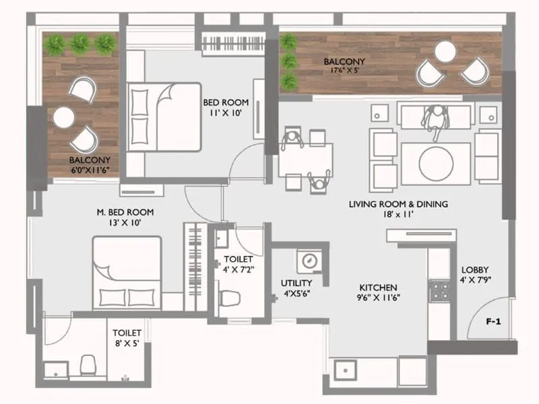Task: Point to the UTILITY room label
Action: click(x=296, y=283)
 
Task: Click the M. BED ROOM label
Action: click(x=119, y=211)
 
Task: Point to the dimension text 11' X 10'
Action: click(x=226, y=113)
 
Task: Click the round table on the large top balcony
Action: click(x=445, y=51)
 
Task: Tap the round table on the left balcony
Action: click(x=64, y=118)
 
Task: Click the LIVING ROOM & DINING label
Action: click(x=398, y=203)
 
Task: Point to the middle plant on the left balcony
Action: click(x=80, y=44)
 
